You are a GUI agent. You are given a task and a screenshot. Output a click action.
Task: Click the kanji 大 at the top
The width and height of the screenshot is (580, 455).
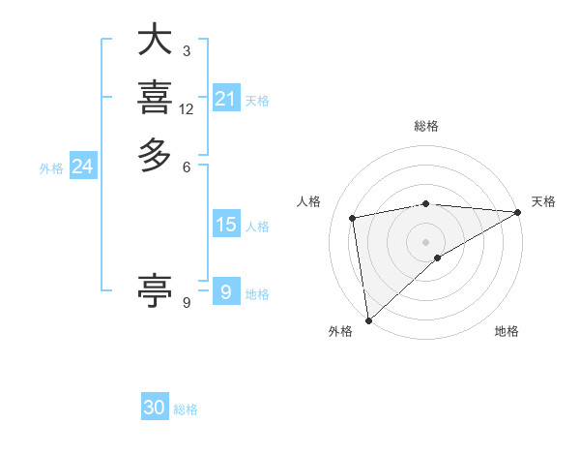click(155, 41)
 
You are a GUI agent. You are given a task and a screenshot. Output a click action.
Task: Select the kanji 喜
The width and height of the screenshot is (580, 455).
click(155, 98)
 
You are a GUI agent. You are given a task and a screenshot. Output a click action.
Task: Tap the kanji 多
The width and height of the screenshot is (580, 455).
click(155, 154)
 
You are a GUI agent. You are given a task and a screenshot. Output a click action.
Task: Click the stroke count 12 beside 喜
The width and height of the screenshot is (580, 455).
click(187, 109)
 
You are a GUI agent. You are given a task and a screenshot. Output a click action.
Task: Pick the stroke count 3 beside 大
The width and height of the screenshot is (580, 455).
click(187, 50)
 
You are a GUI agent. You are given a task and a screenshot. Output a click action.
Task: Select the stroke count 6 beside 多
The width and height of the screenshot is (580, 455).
click(187, 166)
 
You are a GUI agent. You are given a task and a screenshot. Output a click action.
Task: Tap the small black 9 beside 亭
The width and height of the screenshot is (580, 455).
click(187, 302)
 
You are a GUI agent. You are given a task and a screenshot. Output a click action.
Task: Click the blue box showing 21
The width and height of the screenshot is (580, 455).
click(225, 99)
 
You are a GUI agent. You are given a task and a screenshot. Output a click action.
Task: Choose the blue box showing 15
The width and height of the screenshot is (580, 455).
click(225, 225)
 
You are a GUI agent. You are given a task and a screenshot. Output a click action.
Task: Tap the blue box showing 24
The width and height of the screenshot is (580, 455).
click(82, 167)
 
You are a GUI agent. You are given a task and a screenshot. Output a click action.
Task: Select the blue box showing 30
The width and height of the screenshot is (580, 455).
click(155, 408)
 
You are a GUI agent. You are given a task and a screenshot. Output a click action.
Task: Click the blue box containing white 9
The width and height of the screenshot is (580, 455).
click(225, 291)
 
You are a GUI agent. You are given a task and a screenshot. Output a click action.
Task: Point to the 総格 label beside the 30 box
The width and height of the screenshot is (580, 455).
click(186, 409)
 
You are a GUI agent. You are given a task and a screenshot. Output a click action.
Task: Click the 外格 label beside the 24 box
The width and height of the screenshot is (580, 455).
click(51, 168)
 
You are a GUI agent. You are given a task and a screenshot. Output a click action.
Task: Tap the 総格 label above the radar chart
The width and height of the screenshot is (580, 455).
click(426, 126)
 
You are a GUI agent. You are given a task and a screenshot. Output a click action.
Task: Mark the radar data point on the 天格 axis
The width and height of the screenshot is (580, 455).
click(518, 213)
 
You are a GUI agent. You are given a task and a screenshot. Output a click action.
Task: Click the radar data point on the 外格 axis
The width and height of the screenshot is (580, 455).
click(368, 319)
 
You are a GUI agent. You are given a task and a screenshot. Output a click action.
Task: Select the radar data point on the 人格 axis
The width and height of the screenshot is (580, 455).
click(354, 218)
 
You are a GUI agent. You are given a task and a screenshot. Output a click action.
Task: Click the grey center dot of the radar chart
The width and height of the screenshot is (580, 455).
click(426, 242)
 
